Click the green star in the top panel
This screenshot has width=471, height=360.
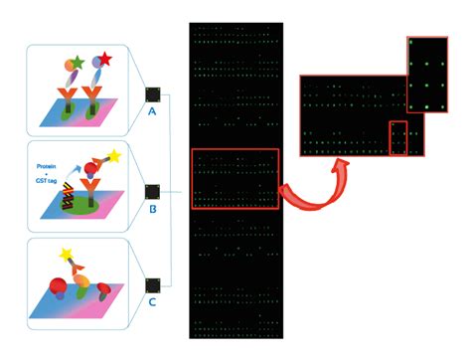76,62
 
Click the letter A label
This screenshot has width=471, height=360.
152,112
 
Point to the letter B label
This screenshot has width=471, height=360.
152,210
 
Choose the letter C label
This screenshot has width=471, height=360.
152,305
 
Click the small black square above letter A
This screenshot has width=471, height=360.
152,94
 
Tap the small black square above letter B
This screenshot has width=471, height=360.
152,191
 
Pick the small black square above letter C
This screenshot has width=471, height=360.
152,287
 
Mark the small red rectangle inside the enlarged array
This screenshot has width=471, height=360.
397,138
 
